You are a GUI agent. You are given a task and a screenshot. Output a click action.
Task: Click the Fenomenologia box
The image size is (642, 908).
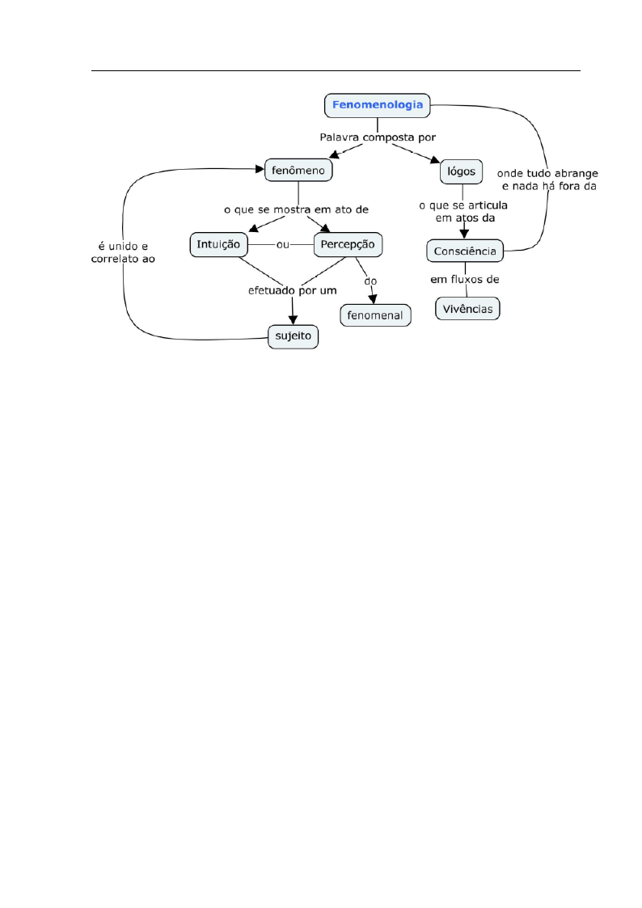click(378, 105)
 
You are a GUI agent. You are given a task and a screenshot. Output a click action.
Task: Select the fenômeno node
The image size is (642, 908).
click(298, 171)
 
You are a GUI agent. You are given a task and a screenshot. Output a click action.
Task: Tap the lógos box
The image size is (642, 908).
click(462, 171)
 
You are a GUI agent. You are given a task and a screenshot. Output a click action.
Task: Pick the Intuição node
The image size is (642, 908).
click(219, 244)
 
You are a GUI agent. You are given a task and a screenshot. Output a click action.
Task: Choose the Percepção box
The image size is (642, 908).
click(348, 244)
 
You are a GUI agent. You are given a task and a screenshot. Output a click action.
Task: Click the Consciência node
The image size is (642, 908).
click(465, 251)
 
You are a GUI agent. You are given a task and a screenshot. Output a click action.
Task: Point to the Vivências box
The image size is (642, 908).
click(467, 309)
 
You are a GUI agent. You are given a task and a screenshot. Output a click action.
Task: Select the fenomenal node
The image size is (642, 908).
click(375, 315)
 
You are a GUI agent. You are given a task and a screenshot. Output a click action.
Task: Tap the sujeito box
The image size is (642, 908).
click(293, 336)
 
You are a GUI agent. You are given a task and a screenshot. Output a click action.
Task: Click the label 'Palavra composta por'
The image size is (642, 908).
click(378, 137)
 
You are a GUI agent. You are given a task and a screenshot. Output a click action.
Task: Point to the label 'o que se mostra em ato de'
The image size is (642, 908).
click(297, 209)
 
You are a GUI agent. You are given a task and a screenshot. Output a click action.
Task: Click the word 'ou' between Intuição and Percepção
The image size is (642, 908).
click(282, 245)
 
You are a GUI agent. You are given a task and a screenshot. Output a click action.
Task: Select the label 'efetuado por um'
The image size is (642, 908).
click(293, 291)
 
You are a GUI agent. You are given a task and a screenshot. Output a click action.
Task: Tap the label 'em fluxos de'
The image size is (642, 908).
click(465, 280)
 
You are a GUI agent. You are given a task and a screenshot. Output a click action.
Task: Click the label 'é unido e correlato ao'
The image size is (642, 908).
click(123, 253)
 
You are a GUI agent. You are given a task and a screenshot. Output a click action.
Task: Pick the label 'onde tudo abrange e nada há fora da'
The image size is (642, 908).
click(547, 180)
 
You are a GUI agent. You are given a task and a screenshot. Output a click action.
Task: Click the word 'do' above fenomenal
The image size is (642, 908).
click(370, 281)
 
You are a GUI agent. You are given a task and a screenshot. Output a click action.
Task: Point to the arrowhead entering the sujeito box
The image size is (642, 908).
click(293, 319)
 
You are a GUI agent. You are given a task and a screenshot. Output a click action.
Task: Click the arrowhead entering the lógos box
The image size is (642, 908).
click(435, 160)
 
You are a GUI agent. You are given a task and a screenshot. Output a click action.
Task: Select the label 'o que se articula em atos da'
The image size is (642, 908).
click(463, 212)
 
